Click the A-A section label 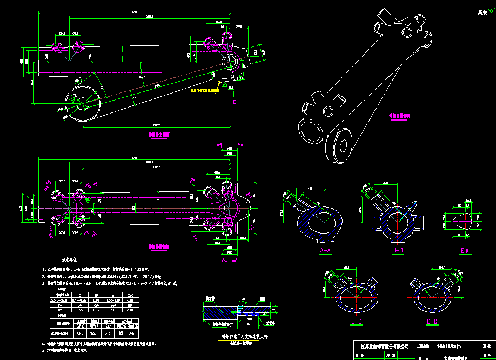tap(325, 251)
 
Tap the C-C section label tap(356, 322)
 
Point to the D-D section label tap(432, 322)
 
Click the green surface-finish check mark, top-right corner tap(482, 11)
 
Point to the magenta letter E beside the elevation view tap(234, 101)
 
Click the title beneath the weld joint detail tap(238, 335)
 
